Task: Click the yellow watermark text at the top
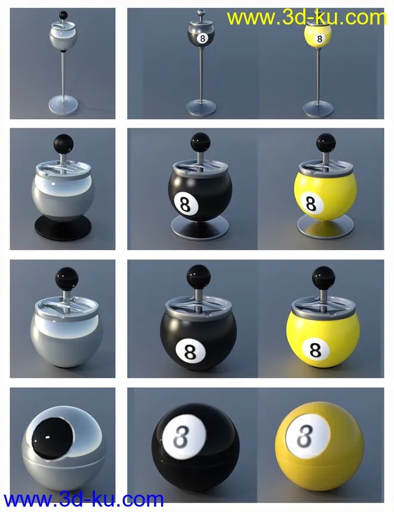tap(307, 18)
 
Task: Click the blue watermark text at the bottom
tap(84, 499)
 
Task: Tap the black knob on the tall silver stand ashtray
tap(63, 16)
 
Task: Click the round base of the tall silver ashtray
tap(63, 104)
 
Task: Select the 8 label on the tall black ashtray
tap(202, 39)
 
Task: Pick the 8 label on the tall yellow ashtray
tap(319, 39)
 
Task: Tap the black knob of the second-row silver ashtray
tap(63, 144)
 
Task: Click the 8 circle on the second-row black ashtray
tap(185, 204)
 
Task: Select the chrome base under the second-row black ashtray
tap(199, 226)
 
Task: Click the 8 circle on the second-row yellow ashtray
tap(312, 203)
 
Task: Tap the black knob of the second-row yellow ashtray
tap(326, 143)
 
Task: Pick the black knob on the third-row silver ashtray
tap(67, 279)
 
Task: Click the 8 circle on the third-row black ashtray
tap(190, 351)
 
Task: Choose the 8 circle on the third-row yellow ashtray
tap(315, 350)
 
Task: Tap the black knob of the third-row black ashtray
tap(198, 276)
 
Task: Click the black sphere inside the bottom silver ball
tap(53, 437)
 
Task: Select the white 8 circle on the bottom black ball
tap(185, 436)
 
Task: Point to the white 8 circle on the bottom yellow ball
tap(308, 435)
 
